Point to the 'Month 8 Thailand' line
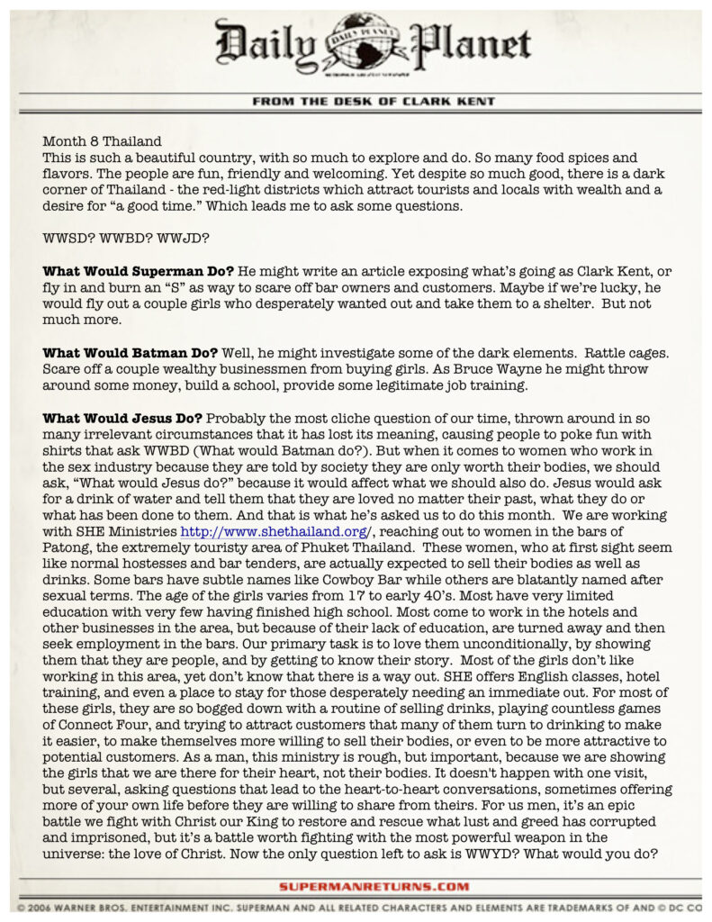click(x=102, y=141)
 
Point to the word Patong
click(x=66, y=547)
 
